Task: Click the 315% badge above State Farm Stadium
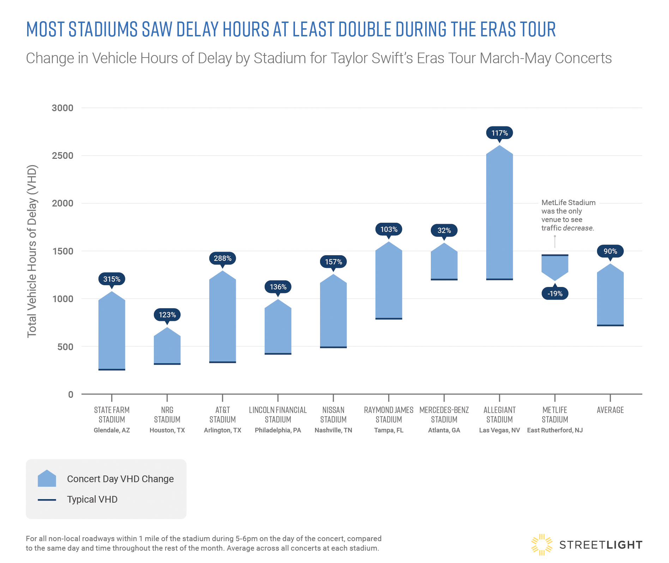pos(111,279)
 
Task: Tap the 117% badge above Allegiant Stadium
pos(499,133)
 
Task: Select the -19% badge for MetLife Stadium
pos(555,293)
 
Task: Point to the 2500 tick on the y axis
pos(62,156)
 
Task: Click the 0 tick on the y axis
pos(71,394)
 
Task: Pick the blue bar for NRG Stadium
pos(167,348)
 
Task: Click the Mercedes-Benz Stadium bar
pos(444,263)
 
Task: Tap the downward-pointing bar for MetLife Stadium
pos(555,266)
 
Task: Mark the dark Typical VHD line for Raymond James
pos(388,319)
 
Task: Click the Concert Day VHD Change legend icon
pos(47,479)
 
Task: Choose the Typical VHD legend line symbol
pos(47,500)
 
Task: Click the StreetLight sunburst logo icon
pos(542,545)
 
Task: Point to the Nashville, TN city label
pos(333,430)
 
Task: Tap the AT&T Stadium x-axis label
pos(222,415)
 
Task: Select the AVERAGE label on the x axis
pos(610,410)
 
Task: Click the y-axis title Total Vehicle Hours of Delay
pos(32,251)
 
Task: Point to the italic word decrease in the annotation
pos(579,228)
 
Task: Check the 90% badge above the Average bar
pos(610,251)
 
